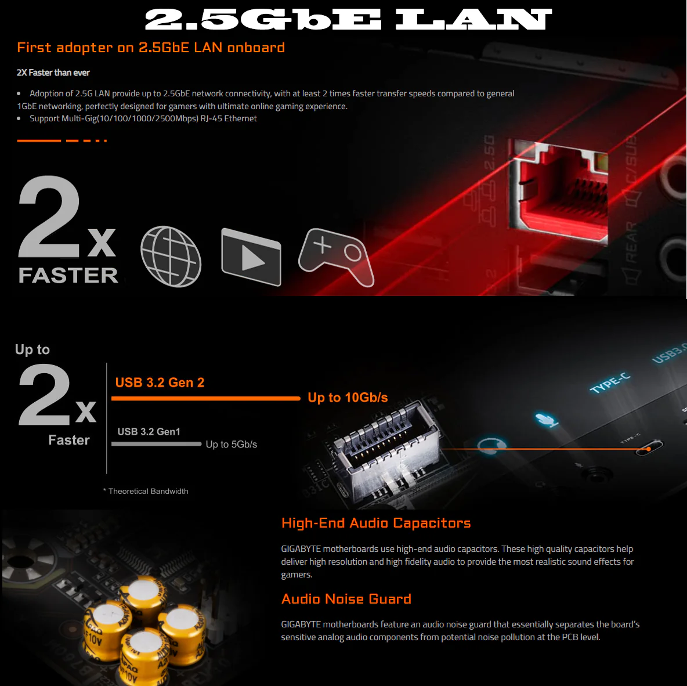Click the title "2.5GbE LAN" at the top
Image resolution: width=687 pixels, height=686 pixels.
348,20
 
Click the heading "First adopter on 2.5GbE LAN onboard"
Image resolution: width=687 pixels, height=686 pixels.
151,48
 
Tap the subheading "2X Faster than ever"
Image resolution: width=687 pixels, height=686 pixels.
53,73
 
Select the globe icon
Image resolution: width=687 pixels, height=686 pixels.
171,257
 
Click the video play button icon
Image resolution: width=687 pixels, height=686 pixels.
251,257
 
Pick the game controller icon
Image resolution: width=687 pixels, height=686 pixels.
336,257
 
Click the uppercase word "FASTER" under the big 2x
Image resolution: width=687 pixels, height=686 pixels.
68,275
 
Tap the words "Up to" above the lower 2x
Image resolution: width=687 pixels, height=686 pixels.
32,349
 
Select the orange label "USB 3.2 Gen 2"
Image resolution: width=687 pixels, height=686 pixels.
160,382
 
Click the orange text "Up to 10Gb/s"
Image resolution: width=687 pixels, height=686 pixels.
348,398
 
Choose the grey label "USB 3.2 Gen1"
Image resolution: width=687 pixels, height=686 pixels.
149,432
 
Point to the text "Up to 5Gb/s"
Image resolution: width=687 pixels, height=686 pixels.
232,445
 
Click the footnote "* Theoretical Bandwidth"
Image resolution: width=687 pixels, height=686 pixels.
146,492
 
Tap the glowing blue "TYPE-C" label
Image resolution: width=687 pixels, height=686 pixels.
610,382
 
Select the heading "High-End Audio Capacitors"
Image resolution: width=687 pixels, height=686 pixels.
376,523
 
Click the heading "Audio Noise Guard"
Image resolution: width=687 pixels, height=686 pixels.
346,599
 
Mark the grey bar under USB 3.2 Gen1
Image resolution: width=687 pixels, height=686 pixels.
157,444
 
